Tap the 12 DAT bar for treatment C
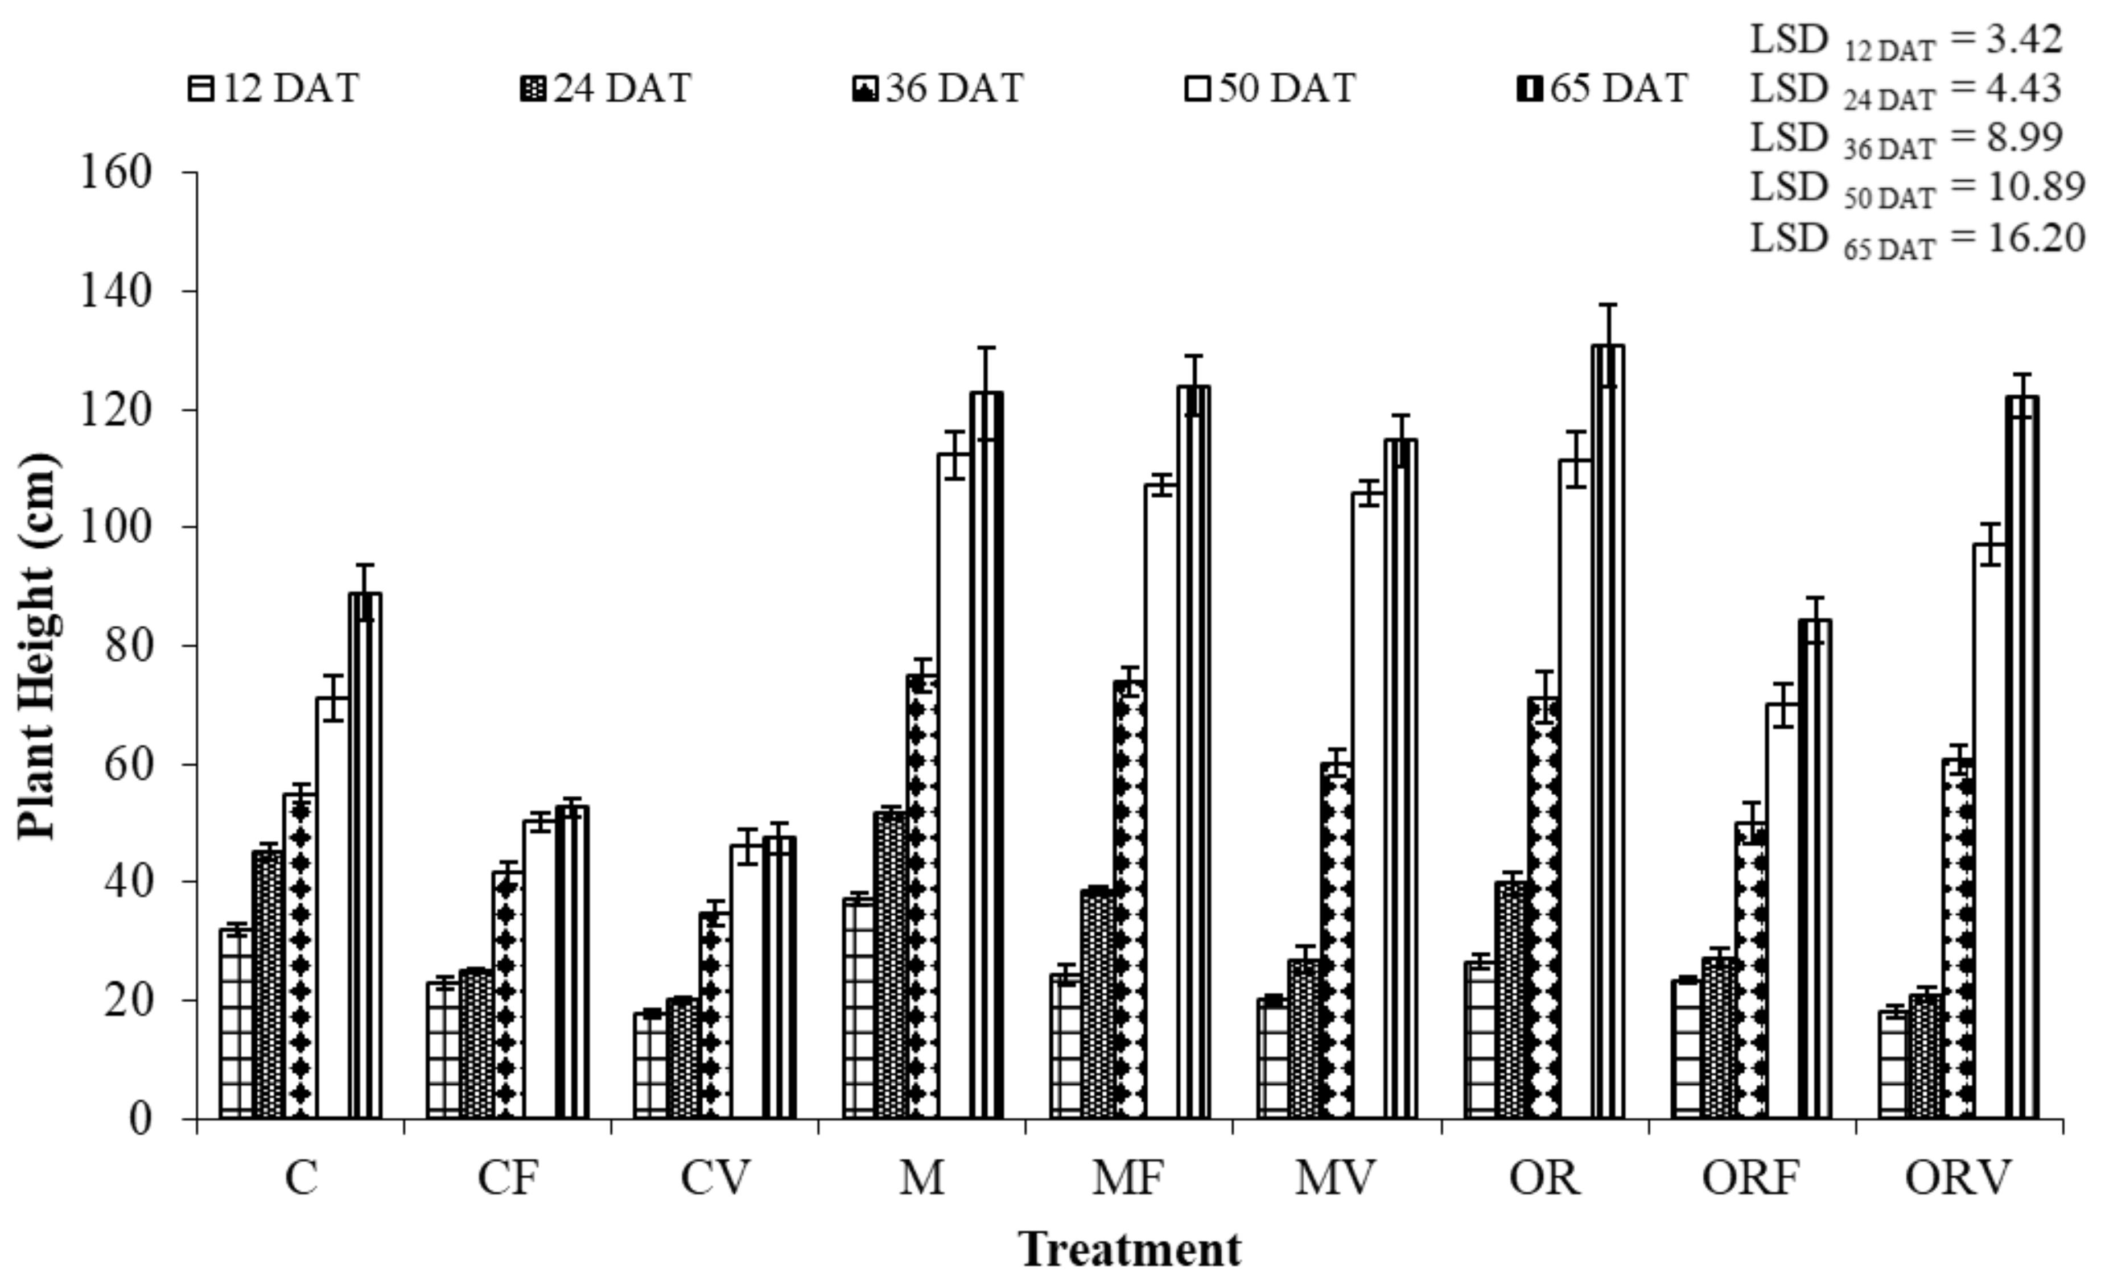(236, 1023)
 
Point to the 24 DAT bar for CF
(476, 1043)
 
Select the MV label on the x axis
(1335, 1179)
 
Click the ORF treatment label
(1750, 1179)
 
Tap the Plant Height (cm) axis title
(38, 645)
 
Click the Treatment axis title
(1130, 1250)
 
